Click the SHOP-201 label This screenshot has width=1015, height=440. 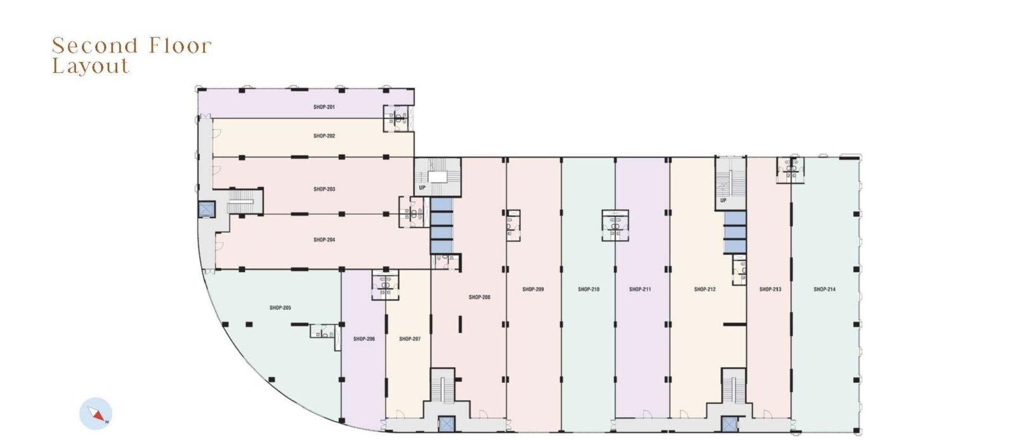[324, 107]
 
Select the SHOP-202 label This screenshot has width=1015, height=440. [324, 136]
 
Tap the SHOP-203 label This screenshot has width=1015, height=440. [324, 189]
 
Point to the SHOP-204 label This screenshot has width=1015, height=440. [324, 240]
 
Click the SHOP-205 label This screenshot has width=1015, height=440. [280, 308]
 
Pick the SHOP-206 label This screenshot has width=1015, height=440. [364, 339]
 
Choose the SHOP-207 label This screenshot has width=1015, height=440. [410, 339]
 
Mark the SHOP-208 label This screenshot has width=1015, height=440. [480, 297]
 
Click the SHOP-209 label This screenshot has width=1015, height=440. [533, 289]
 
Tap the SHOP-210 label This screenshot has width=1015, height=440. [589, 289]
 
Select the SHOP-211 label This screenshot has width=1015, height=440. [640, 289]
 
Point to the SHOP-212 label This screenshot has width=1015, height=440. [705, 289]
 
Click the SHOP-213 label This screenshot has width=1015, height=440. [770, 289]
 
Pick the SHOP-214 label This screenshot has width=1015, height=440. [824, 289]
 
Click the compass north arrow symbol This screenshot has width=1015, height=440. [96, 414]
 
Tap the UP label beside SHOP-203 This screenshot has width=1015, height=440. [422, 188]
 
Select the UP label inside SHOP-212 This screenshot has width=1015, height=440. [723, 200]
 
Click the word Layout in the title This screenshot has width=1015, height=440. [91, 67]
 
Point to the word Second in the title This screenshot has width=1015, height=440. [95, 46]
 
